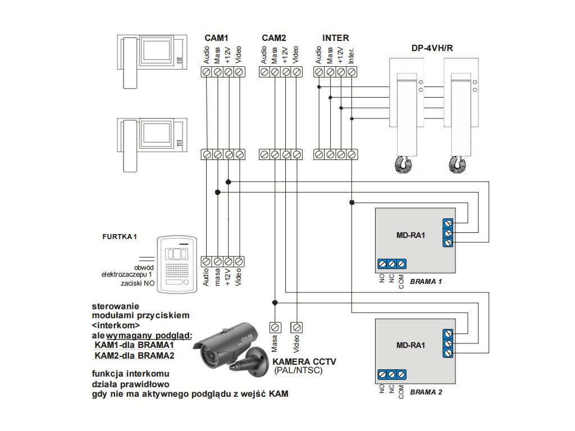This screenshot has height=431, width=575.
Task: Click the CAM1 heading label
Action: tap(217, 38)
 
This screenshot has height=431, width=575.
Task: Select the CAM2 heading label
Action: tap(274, 38)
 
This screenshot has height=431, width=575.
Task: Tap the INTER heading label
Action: tap(335, 38)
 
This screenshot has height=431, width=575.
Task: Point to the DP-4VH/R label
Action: tap(432, 48)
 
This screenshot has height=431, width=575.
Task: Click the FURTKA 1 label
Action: tap(120, 237)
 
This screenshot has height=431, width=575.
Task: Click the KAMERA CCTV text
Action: tap(304, 361)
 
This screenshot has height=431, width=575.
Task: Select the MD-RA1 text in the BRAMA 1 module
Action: tap(410, 235)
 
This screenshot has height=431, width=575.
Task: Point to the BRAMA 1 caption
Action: tap(426, 281)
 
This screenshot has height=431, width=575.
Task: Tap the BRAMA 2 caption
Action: tap(426, 391)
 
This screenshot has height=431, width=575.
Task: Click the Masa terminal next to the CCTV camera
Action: tap(275, 327)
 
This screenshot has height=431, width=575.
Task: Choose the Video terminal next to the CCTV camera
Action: tap(296, 327)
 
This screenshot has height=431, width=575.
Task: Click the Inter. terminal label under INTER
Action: tap(351, 57)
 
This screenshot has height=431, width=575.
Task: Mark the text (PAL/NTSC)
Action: tap(298, 370)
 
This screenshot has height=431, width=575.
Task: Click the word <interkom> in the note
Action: tap(115, 325)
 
